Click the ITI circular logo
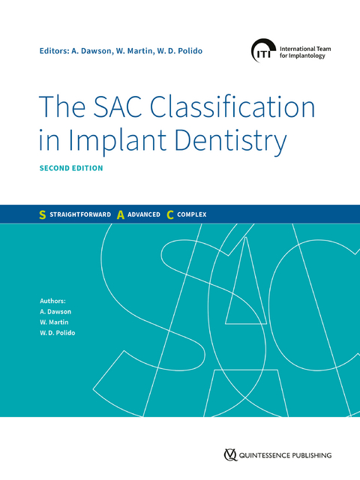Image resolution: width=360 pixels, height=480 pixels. (x=262, y=50)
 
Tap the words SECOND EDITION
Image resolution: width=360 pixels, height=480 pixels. (x=71, y=168)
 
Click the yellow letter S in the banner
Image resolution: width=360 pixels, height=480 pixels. (x=42, y=214)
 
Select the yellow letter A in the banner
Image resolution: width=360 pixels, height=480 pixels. (x=120, y=214)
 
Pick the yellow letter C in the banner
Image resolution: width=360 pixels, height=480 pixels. (x=170, y=214)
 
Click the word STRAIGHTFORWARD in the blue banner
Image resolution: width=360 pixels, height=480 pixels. (x=79, y=214)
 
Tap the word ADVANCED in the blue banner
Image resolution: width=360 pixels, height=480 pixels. (x=143, y=214)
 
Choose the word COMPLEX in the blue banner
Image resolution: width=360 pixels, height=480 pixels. (x=192, y=214)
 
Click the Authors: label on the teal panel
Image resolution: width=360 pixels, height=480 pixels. (x=54, y=300)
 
